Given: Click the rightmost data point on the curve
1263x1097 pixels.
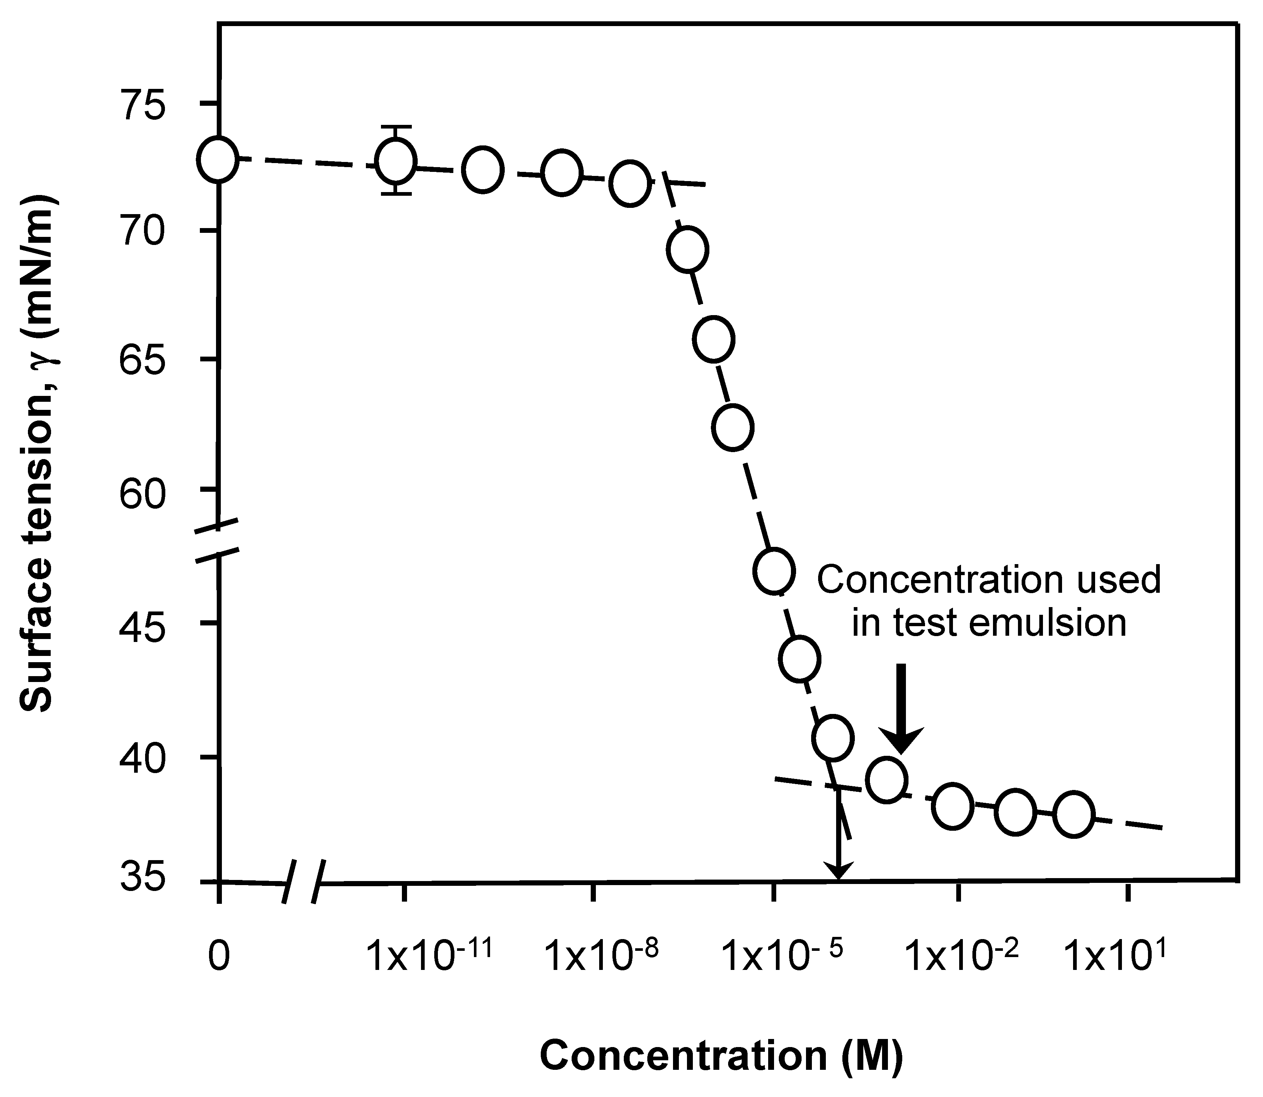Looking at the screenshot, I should click(x=1073, y=813).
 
